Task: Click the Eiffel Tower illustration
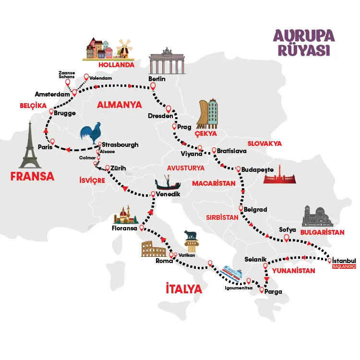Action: (30, 144)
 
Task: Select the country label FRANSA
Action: (32, 177)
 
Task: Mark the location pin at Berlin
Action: (153, 87)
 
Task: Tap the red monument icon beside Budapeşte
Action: (279, 178)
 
